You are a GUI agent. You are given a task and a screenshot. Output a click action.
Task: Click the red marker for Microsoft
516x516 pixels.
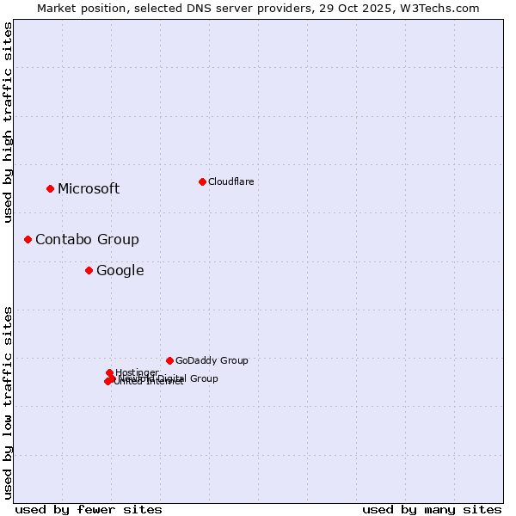50,188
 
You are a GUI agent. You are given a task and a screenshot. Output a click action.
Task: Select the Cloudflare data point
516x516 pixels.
202,181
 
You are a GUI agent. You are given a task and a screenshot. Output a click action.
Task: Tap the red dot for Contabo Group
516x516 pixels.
28,239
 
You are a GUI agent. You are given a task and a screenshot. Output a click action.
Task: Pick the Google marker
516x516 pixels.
89,270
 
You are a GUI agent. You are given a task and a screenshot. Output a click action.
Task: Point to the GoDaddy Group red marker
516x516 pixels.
169,360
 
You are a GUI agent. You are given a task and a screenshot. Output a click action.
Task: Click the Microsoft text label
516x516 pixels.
89,189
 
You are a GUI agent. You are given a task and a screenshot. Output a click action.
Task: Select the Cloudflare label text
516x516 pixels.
230,181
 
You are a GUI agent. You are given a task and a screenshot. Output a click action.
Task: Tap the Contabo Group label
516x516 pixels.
87,240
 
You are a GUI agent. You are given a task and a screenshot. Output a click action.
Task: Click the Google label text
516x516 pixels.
120,271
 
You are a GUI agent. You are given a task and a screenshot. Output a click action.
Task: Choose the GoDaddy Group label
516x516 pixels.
212,361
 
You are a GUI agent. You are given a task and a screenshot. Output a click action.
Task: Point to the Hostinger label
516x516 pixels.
137,372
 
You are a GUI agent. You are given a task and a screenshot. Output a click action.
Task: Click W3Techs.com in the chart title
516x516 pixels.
444,8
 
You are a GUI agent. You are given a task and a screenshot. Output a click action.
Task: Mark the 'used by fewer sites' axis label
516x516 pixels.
89,509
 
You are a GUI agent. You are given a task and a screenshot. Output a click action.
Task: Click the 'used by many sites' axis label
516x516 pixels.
432,509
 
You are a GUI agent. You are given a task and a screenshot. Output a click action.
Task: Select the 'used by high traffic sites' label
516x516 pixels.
9,122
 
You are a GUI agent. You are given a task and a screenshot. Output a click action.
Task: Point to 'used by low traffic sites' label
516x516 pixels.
9,402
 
